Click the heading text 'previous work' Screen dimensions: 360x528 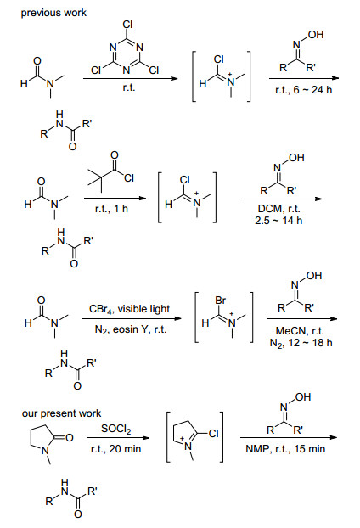53,13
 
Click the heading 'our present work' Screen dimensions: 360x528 61,413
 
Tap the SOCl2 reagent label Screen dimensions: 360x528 115,429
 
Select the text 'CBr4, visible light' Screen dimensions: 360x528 130,309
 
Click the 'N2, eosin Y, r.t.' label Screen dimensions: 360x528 131,329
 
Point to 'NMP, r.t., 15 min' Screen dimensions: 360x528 285,449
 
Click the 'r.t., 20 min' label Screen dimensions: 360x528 115,449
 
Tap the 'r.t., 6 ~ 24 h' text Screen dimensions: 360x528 303,90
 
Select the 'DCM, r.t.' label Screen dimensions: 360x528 278,209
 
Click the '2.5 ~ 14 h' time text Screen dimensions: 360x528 278,220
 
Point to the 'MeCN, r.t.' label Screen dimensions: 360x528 300,331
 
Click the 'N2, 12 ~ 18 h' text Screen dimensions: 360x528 301,343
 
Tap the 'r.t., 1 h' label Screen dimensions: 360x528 111,209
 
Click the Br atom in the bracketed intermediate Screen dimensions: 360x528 220,300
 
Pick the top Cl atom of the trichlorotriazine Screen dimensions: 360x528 127,25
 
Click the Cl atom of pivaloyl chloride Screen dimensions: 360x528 129,177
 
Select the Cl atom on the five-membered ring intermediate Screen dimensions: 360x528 213,434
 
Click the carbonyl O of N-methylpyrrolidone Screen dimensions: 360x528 70,438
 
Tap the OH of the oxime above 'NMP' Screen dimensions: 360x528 303,397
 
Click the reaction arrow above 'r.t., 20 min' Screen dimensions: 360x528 118,438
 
